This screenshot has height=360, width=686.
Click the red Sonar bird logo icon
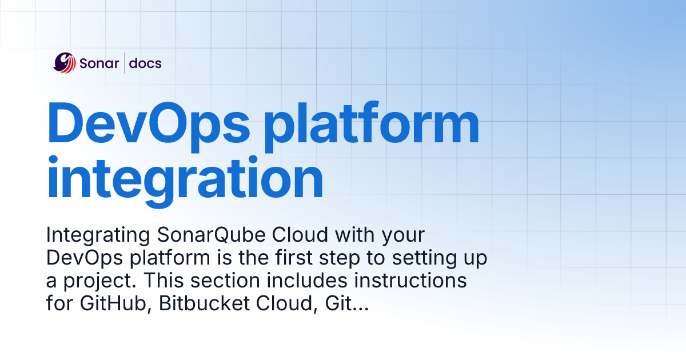click(65, 63)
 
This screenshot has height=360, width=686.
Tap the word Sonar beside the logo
click(100, 63)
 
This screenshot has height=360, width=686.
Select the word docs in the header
click(145, 63)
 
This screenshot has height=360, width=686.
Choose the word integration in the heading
click(185, 178)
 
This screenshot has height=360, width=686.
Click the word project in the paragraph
click(93, 282)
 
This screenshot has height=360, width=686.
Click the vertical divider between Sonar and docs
click(124, 63)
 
